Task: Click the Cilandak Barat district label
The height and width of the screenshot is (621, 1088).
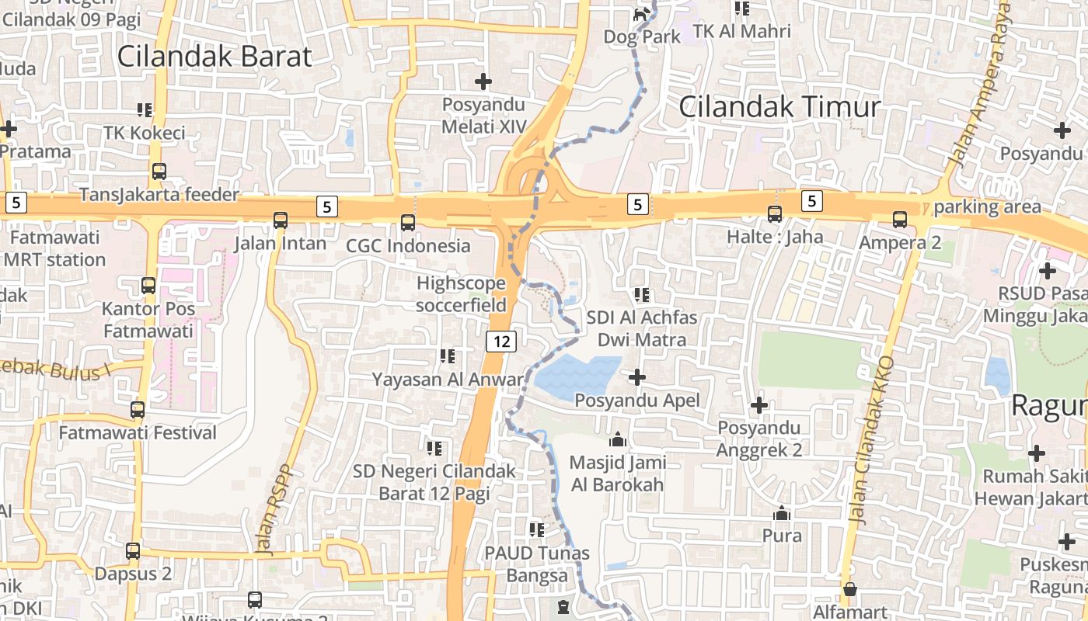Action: [x=214, y=57]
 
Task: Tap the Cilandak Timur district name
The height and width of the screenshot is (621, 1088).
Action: [x=779, y=107]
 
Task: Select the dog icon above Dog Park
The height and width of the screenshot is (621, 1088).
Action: [x=641, y=14]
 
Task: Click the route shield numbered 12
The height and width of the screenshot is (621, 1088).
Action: [x=502, y=341]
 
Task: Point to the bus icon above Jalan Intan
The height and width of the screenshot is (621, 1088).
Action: [x=281, y=220]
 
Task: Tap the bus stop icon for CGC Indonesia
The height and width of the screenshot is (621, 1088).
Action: [x=408, y=223]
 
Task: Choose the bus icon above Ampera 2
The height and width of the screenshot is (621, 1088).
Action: [x=900, y=220]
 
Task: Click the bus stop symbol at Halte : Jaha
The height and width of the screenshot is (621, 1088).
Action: [x=775, y=214]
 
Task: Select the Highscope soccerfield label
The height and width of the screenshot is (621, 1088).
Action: [x=461, y=294]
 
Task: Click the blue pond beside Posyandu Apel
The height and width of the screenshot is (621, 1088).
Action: [x=579, y=376]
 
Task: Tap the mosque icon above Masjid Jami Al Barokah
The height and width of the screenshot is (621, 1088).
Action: [x=618, y=440]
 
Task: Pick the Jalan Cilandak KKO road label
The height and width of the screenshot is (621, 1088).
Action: [x=872, y=439]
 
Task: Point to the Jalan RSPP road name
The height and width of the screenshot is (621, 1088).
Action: [x=274, y=511]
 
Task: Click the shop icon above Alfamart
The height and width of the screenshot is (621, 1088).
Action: [x=850, y=589]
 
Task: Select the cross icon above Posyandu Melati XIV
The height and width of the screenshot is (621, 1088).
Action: [x=483, y=81]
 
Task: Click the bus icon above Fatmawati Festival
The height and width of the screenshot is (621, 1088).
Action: [x=138, y=410]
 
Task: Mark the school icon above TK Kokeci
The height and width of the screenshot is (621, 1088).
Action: [x=145, y=110]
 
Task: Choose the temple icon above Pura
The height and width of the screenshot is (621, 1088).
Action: [x=782, y=514]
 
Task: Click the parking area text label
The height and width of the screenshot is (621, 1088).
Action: [x=987, y=206]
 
